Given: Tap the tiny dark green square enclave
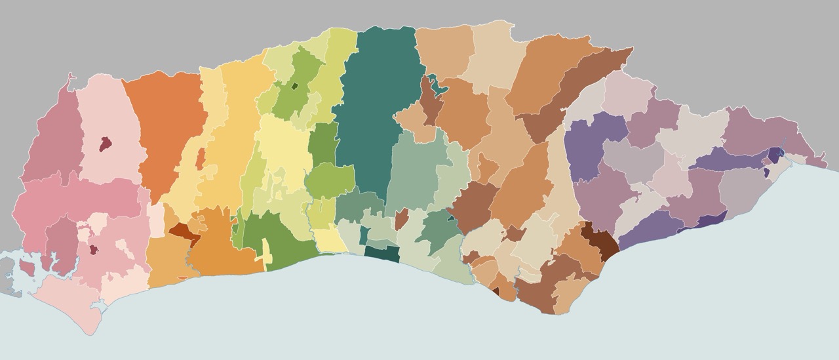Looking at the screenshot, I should pyautogui.click(x=295, y=85).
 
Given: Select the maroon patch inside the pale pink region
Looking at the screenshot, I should pyautogui.click(x=104, y=144).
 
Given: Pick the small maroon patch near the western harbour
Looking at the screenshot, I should pyautogui.click(x=94, y=249).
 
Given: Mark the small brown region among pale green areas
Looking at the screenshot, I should pyautogui.click(x=401, y=219).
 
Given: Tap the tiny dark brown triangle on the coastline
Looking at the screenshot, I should pyautogui.click(x=496, y=291).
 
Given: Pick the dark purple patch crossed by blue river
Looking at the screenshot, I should pyautogui.click(x=775, y=155).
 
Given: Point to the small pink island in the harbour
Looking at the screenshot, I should pyautogui.click(x=28, y=267).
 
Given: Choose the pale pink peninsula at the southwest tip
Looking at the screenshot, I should pyautogui.click(x=72, y=308).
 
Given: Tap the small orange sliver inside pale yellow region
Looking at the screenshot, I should pyautogui.click(x=201, y=159).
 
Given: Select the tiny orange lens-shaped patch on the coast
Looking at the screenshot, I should pyautogui.click(x=182, y=278).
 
